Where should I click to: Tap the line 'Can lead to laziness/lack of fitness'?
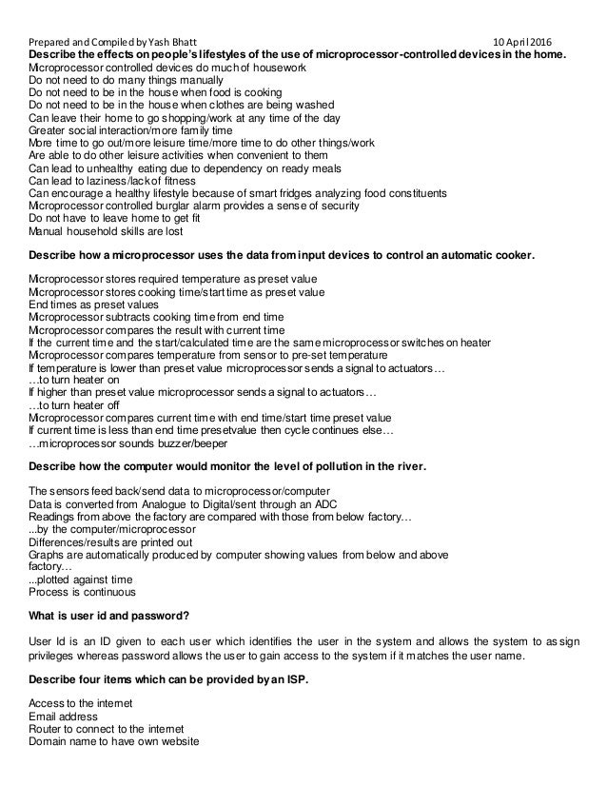pyautogui.click(x=113, y=180)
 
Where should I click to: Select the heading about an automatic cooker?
pyautogui.click(x=282, y=256)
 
